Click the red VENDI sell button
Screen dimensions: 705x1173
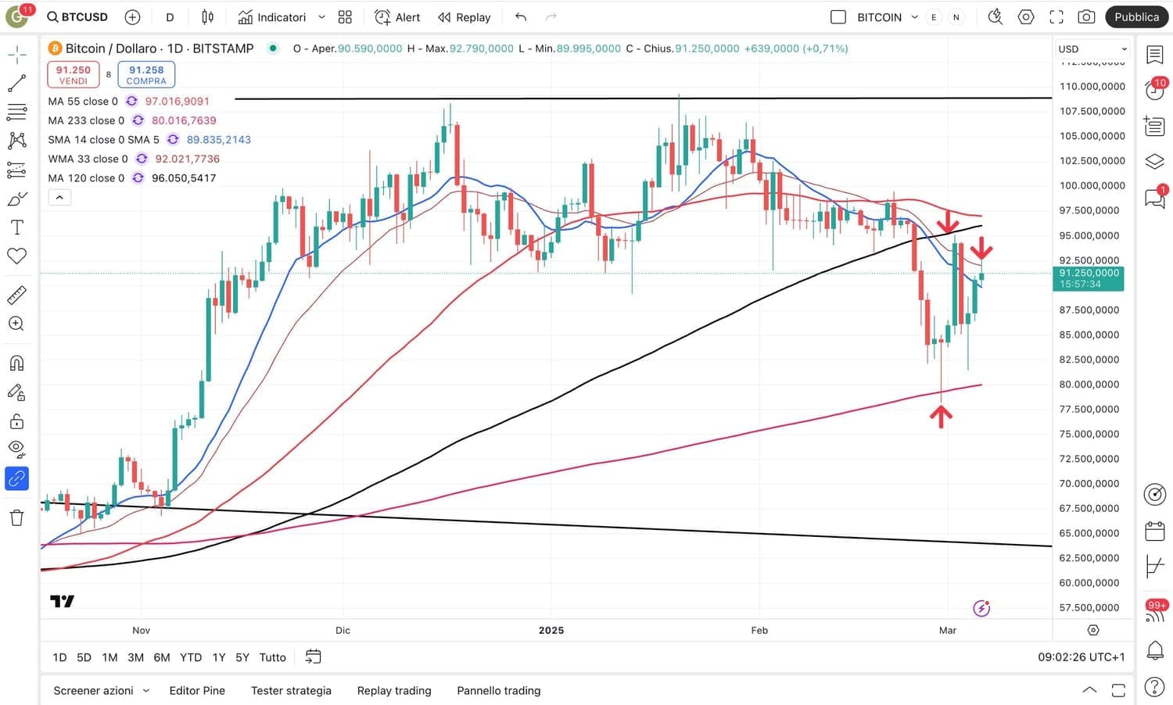(x=74, y=74)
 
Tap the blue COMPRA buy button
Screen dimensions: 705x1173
(x=146, y=74)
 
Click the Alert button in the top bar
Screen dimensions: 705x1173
(x=397, y=17)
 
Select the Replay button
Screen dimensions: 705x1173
(x=465, y=17)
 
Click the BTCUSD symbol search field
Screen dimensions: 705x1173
(x=77, y=17)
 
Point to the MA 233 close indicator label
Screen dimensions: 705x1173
(x=86, y=120)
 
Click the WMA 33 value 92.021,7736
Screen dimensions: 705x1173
(x=187, y=159)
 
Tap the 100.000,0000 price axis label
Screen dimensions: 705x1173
(x=1092, y=185)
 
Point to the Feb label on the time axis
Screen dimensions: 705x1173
(x=759, y=630)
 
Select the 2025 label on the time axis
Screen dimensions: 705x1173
(x=551, y=630)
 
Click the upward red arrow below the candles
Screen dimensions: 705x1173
(x=941, y=416)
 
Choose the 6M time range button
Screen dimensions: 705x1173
(x=162, y=657)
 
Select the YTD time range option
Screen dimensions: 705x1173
(x=191, y=657)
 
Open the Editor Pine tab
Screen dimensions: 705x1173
(x=197, y=690)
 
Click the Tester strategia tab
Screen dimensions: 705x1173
(x=291, y=690)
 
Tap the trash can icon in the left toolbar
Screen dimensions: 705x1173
(x=16, y=517)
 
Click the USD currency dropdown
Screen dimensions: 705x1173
(x=1092, y=48)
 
